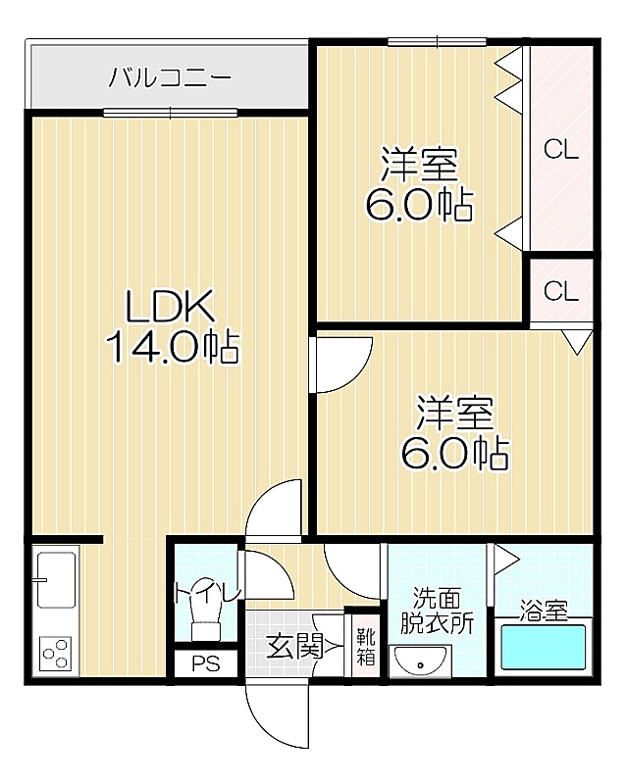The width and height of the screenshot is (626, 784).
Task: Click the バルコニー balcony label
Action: point(171,77)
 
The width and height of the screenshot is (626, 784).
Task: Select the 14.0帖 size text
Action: point(173,347)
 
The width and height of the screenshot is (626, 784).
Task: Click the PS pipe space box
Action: point(206,663)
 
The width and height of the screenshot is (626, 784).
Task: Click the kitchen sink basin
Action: point(56,580)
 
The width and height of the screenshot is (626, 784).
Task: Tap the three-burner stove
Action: point(56,654)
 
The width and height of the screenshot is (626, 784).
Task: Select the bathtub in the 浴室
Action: point(544,648)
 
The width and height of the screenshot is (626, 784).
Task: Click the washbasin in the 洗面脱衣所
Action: point(420,661)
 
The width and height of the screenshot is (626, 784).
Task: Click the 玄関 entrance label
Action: point(294,647)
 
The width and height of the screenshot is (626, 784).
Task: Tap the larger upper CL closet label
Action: point(561,149)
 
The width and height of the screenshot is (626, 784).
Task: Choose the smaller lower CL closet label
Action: point(561,290)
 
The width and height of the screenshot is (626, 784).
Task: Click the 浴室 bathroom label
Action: point(543,611)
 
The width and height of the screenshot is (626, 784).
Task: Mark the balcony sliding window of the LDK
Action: point(171,113)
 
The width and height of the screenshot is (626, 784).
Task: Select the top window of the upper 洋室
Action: point(438,42)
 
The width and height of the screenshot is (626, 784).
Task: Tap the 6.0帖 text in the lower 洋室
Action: point(454,453)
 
